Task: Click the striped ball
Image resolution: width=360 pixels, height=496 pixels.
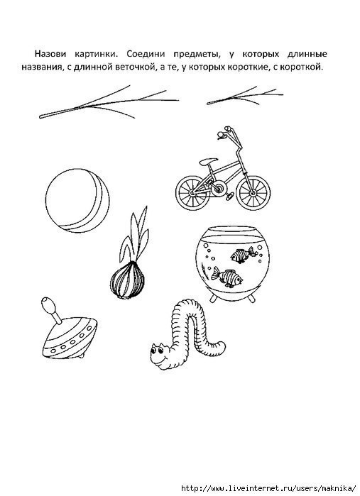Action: tap(77, 200)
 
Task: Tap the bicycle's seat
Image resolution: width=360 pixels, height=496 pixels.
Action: tap(209, 161)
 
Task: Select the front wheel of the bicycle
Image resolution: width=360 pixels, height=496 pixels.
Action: tap(253, 192)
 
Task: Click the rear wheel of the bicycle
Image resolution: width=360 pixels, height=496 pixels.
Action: tap(193, 192)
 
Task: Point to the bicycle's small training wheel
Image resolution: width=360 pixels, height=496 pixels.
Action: tap(229, 196)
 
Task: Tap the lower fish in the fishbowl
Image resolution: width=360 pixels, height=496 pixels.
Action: tap(227, 277)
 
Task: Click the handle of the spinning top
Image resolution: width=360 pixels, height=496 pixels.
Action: tap(52, 309)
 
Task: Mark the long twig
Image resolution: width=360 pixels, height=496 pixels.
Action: tap(109, 102)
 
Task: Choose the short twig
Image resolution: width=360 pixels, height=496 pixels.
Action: tap(245, 96)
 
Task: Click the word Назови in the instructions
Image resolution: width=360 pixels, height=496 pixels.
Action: tap(50, 54)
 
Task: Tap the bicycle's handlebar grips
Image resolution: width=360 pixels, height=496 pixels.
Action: tap(224, 131)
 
